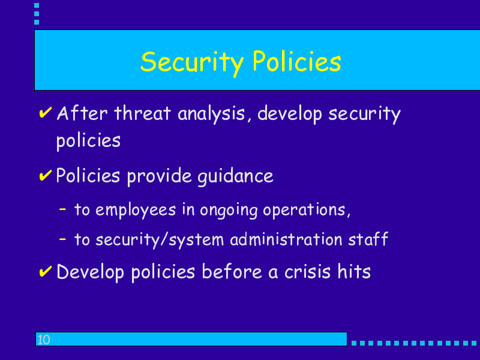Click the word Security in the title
point(192,62)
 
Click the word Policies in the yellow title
point(296,61)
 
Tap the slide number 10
point(43,340)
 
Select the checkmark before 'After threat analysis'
point(46,112)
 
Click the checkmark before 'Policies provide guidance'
point(46,175)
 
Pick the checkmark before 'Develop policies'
point(46,271)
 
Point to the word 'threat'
point(142,113)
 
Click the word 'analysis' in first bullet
point(212,114)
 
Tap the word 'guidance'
point(235,176)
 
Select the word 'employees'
point(136,211)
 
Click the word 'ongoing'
point(229,211)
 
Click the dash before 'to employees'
point(62,209)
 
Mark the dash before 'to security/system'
point(62,239)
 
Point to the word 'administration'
point(286,238)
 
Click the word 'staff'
point(368,238)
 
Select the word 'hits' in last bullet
point(354,271)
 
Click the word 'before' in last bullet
point(232,271)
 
